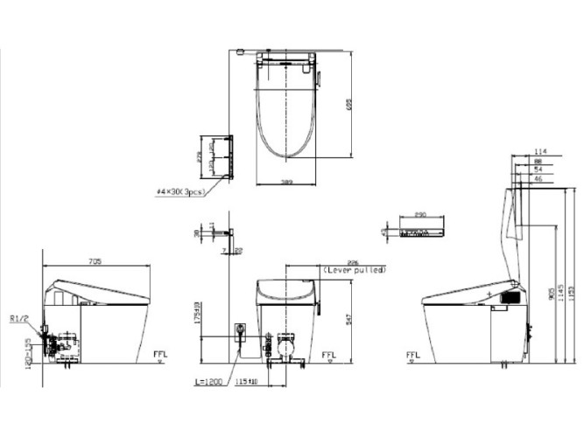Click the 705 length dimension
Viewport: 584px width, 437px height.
tap(95, 260)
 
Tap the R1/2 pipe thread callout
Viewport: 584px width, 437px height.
tap(18, 318)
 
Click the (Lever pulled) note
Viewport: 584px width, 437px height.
tap(355, 271)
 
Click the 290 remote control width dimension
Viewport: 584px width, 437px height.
tap(420, 215)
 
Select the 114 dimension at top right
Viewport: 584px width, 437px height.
tap(540, 150)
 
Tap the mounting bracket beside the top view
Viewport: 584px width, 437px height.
tap(229, 157)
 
